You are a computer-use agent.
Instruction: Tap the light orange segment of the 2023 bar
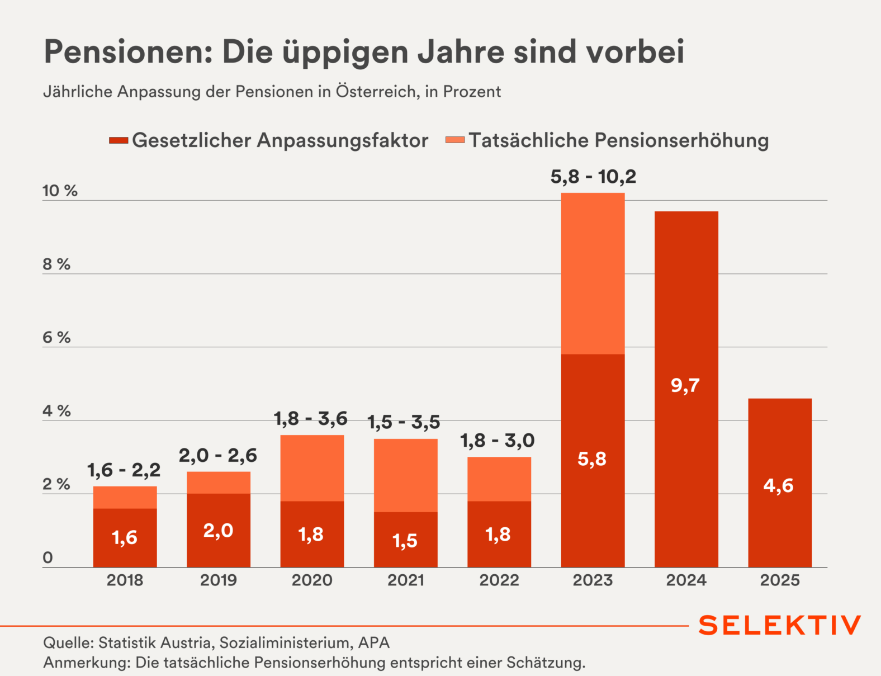click(593, 273)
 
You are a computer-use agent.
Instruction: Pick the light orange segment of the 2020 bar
click(312, 468)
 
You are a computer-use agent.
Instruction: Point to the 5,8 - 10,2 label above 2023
click(593, 177)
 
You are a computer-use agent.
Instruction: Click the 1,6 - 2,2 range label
click(124, 470)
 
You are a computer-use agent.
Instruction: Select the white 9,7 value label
click(685, 385)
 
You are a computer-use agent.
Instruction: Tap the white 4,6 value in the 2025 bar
click(779, 485)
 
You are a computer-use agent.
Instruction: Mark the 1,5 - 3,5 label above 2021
click(404, 422)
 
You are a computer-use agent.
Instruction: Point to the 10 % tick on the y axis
click(60, 191)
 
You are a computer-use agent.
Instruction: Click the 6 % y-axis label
click(56, 338)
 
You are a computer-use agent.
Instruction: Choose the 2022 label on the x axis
click(499, 580)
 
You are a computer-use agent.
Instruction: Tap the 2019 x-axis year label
click(219, 580)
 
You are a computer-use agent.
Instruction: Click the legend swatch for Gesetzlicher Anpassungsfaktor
click(119, 140)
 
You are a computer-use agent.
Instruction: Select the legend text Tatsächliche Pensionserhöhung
click(618, 140)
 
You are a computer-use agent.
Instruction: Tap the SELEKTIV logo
click(780, 625)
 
